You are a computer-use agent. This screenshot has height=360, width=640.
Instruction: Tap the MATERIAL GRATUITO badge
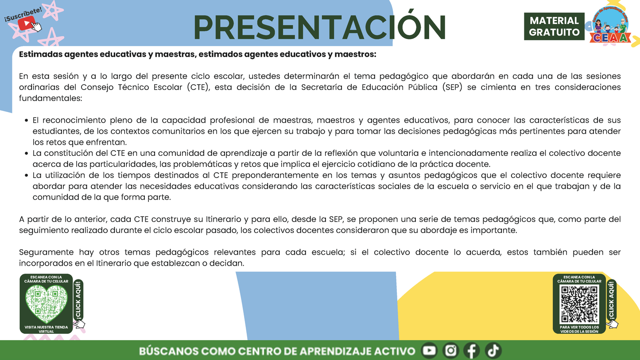click(x=554, y=27)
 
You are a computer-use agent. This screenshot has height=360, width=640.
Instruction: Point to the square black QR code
click(x=579, y=304)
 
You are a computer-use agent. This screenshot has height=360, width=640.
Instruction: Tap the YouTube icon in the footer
click(x=429, y=351)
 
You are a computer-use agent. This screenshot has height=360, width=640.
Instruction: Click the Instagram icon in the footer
click(x=450, y=351)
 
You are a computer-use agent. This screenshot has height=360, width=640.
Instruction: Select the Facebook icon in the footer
click(x=472, y=351)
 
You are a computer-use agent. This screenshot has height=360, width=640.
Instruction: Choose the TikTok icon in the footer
click(x=493, y=351)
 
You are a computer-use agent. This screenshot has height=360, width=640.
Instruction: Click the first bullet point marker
click(x=27, y=120)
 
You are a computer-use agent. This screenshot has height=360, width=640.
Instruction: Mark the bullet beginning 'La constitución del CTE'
click(x=27, y=154)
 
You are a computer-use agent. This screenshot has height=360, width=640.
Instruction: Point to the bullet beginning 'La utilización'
click(x=27, y=176)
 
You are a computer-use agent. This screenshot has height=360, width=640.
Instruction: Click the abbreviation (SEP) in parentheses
click(x=452, y=87)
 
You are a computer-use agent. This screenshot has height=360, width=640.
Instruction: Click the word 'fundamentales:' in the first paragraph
click(x=50, y=98)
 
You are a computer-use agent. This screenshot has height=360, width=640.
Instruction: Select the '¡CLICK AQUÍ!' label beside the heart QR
click(x=78, y=300)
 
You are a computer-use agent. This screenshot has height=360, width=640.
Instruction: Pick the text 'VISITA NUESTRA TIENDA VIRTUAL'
click(x=46, y=329)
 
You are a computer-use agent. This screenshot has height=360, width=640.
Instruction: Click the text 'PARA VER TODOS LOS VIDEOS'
click(x=579, y=329)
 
